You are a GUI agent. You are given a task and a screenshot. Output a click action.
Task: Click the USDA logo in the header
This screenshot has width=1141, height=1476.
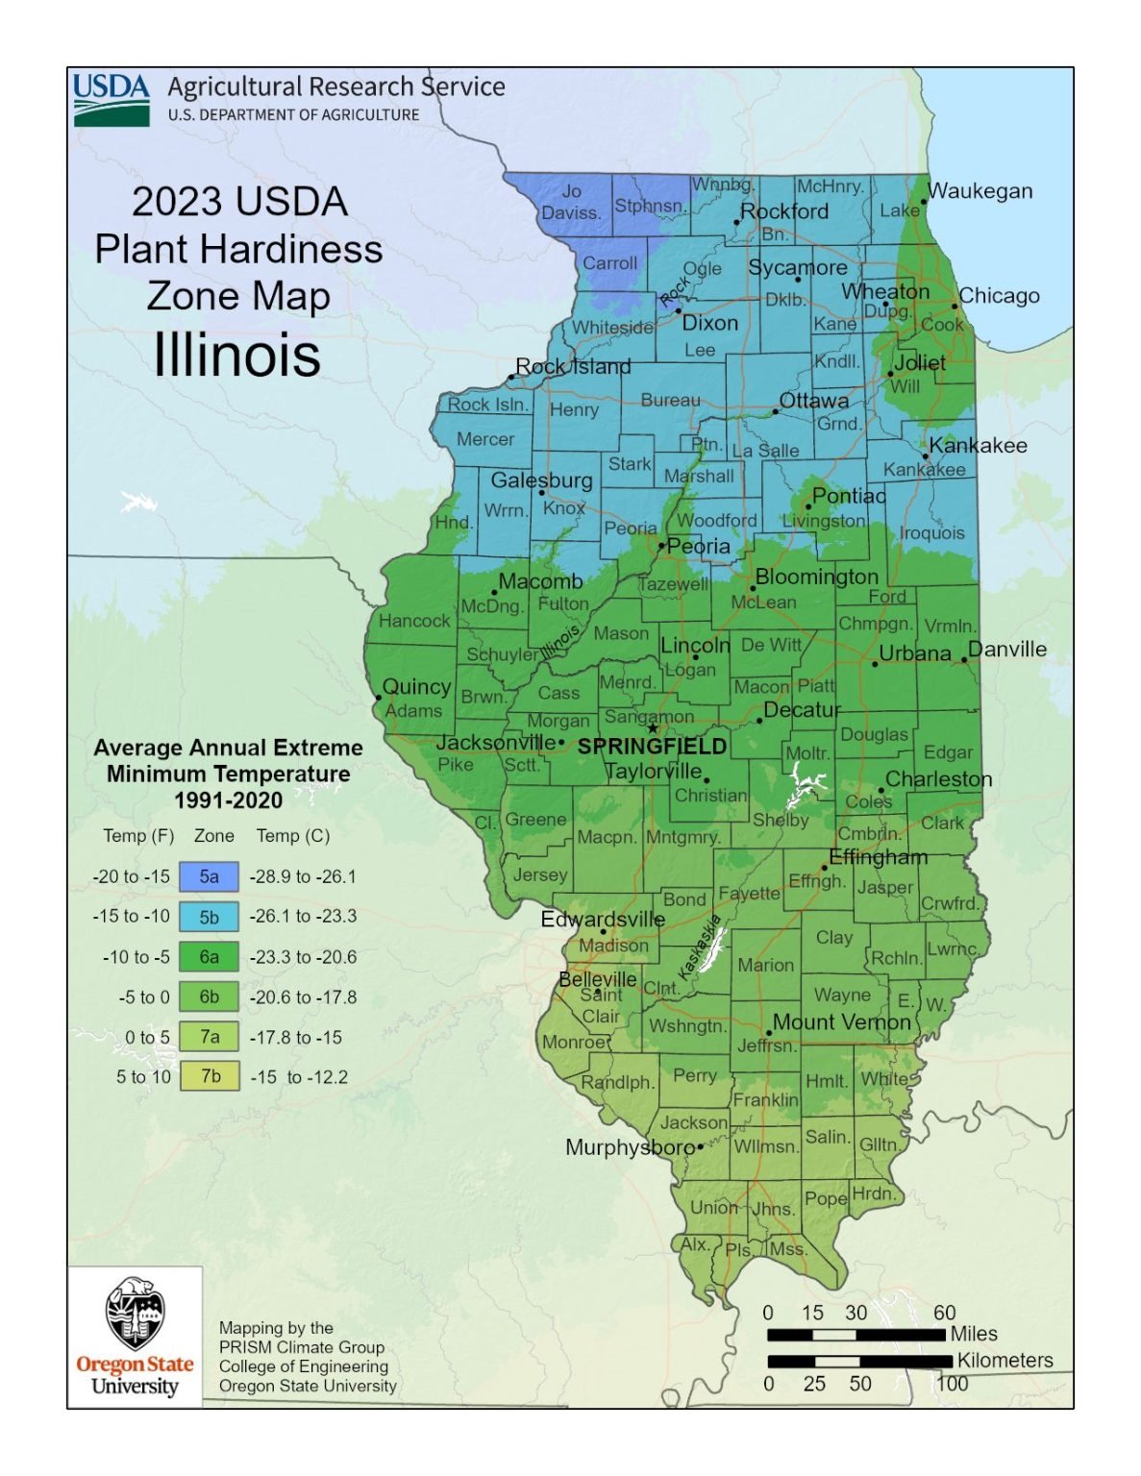112,99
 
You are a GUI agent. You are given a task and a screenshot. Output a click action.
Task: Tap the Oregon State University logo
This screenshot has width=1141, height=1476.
135,1336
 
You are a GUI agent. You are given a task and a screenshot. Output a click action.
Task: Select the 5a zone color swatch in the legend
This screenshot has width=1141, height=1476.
209,876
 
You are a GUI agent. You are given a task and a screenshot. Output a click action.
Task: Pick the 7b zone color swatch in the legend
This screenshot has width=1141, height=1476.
209,1076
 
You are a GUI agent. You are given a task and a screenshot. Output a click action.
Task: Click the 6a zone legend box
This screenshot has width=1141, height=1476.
209,957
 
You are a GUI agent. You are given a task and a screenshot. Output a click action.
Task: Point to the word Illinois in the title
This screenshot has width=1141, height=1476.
236,355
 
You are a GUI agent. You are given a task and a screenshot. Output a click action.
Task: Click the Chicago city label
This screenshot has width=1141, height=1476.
999,296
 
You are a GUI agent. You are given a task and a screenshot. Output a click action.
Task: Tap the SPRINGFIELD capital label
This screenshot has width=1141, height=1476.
652,747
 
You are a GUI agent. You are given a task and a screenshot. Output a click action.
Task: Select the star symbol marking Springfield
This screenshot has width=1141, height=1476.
653,728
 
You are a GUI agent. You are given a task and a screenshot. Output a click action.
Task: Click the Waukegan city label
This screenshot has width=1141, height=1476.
980,191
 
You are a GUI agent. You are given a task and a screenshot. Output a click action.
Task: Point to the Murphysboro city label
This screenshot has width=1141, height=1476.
630,1147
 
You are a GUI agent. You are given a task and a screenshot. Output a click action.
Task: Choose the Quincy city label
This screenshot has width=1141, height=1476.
416,687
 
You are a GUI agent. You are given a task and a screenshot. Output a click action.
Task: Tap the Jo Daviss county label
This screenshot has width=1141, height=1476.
571,202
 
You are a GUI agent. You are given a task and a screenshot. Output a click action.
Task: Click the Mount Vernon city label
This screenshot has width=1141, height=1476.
841,1022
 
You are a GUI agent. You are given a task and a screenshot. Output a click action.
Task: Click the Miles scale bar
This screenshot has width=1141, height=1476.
856,1335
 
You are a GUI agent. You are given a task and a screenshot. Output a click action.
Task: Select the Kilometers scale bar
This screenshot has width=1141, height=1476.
859,1361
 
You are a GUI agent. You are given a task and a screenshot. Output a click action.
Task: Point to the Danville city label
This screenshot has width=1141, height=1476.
1006,650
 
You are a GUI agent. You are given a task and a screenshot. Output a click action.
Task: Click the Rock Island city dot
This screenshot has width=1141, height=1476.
511,377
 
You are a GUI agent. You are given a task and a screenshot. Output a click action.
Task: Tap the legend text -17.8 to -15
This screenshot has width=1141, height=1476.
295,1038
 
